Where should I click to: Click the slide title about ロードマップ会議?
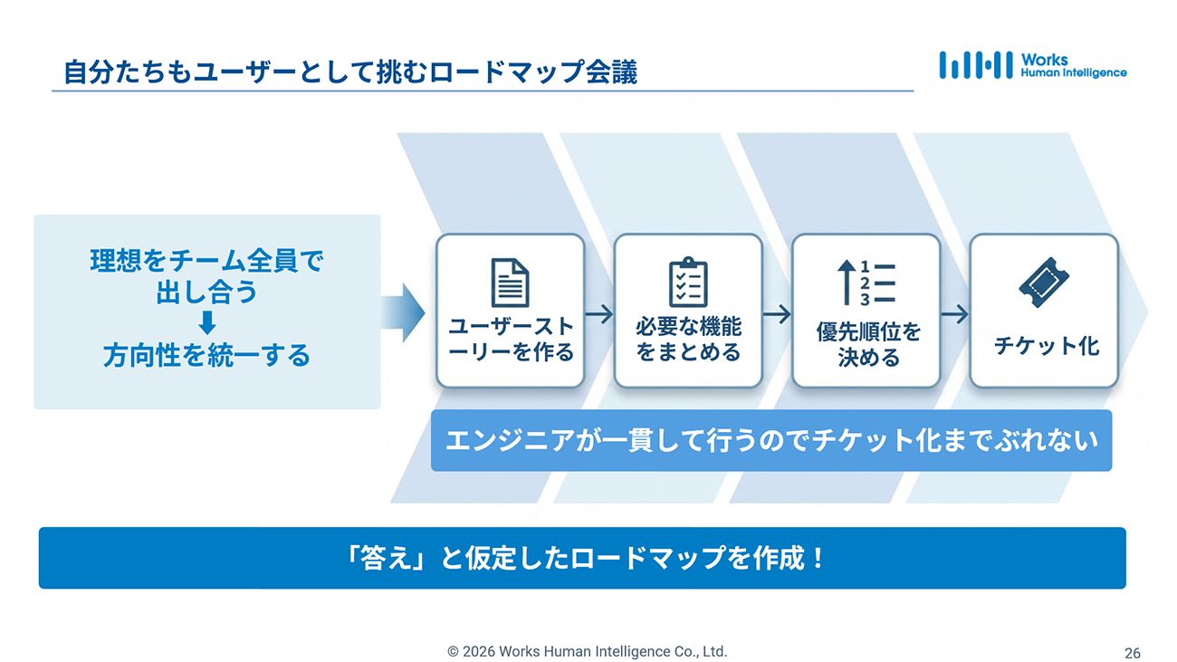(350, 72)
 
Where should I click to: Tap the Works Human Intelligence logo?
(1032, 65)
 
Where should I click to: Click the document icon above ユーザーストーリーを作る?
(510, 283)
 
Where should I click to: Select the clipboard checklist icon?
(688, 283)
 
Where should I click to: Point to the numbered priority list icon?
(866, 282)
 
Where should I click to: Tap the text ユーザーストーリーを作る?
(511, 339)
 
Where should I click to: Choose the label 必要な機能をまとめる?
(688, 339)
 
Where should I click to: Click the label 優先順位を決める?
(867, 344)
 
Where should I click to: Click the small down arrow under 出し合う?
(207, 322)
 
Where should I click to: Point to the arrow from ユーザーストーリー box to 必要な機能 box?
(599, 314)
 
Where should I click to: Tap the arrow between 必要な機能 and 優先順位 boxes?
(777, 314)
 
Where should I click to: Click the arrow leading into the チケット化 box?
(954, 314)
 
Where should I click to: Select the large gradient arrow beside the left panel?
(402, 312)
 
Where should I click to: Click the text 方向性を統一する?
(206, 355)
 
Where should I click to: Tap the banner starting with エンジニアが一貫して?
(770, 440)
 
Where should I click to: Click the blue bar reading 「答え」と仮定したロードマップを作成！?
(582, 558)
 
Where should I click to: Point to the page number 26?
(1132, 653)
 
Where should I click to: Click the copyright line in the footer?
(587, 651)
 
